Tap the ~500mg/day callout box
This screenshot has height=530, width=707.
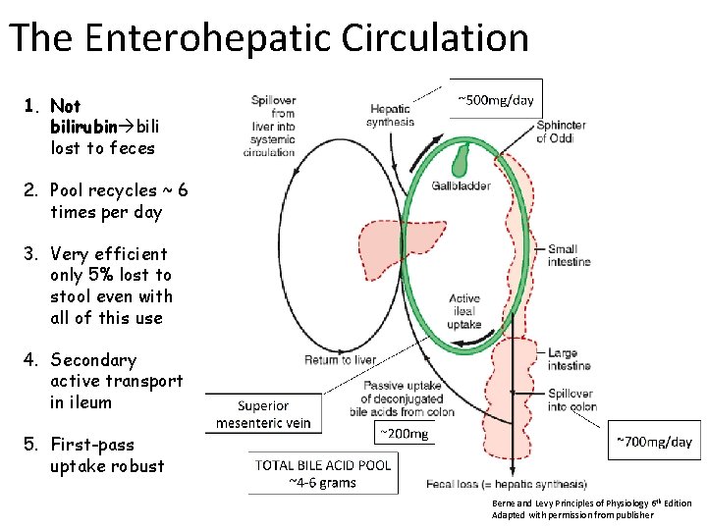tap(495, 99)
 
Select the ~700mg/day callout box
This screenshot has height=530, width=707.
tap(654, 442)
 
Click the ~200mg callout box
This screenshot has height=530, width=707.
tap(404, 434)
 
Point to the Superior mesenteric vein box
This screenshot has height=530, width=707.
tap(263, 414)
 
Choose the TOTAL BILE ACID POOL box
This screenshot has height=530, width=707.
tap(322, 473)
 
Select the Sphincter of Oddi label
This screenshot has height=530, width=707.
tap(561, 132)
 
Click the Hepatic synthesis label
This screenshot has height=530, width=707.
tap(390, 115)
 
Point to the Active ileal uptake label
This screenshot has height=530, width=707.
tap(464, 311)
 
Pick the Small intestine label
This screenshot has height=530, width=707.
tap(569, 255)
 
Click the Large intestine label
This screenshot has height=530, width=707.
tap(569, 359)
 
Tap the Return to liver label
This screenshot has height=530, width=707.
tap(340, 360)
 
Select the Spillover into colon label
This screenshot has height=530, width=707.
tap(571, 399)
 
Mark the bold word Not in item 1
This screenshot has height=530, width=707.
tap(65, 106)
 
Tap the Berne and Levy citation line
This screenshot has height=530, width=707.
tap(591, 503)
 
